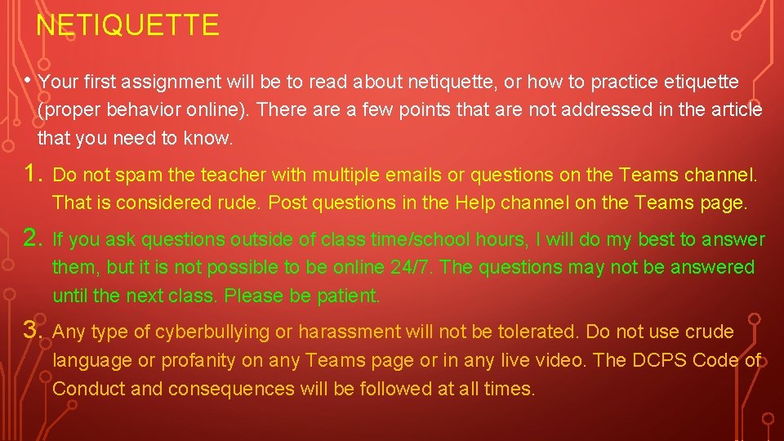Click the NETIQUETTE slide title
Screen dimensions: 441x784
128,25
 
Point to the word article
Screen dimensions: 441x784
734,110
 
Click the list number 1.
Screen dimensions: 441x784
32,173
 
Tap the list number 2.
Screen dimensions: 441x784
32,238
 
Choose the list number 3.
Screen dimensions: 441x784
32,331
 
